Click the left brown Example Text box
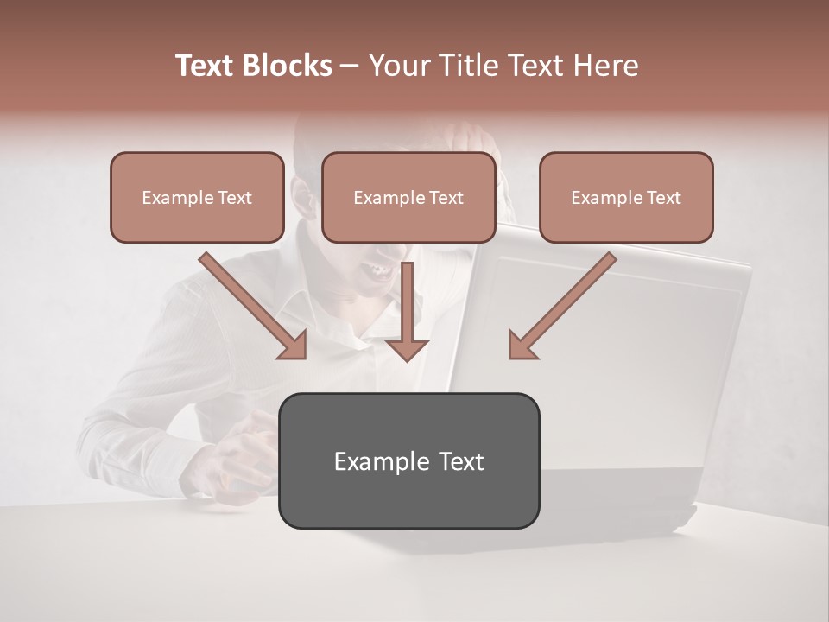pos(197,197)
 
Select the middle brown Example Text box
pos(408,197)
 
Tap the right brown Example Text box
pos(626,197)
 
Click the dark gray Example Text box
pos(408,460)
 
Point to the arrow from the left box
pos(250,303)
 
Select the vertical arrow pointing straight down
pos(407,311)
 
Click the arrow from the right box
pos(566,303)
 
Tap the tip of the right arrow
pos(511,354)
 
